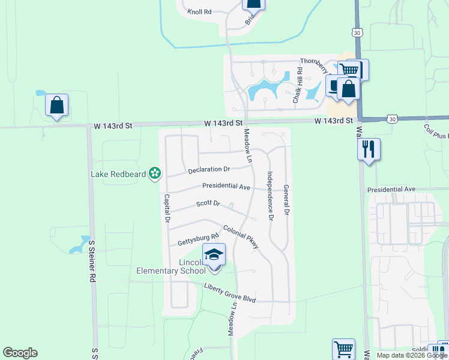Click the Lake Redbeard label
[119, 174]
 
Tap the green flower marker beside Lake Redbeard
[155, 174]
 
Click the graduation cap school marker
[214, 254]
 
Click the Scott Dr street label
[208, 204]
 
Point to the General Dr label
[287, 200]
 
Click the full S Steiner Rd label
[92, 261]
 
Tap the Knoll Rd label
[200, 11]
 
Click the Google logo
[20, 353]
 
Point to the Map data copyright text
[412, 355]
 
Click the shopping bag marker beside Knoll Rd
[253, 4]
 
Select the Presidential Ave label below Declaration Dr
[226, 186]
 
